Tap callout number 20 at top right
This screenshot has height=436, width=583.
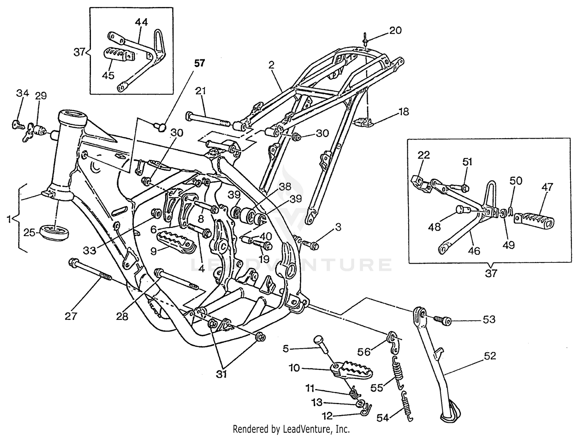point(395,30)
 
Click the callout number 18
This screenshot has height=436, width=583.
point(404,112)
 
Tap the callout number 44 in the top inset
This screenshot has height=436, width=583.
point(141,22)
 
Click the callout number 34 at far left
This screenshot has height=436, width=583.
point(23,93)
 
